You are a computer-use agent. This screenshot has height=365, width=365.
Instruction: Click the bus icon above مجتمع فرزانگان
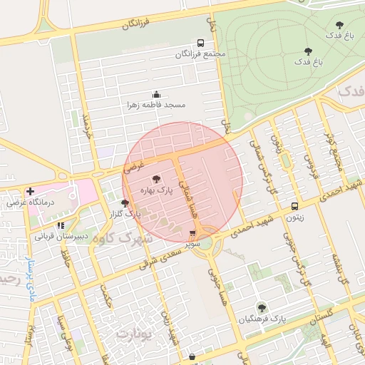pyautogui.click(x=200, y=43)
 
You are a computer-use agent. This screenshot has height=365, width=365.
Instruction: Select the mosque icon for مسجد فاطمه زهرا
pyautogui.click(x=156, y=94)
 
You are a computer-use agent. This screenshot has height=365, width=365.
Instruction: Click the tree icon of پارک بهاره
pyautogui.click(x=156, y=179)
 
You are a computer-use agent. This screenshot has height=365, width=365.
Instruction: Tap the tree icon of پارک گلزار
pyautogui.click(x=125, y=203)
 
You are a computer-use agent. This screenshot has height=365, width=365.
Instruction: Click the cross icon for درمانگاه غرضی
pyautogui.click(x=29, y=191)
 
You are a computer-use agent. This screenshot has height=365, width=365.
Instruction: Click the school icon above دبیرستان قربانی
pyautogui.click(x=61, y=225)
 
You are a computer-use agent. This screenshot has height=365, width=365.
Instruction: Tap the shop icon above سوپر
pyautogui.click(x=192, y=233)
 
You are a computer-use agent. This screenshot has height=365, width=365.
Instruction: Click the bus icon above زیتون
pyautogui.click(x=294, y=206)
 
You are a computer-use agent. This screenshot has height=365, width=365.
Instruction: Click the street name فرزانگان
pyautogui.click(x=138, y=24)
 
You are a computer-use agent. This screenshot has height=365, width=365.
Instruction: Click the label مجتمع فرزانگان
pyautogui.click(x=201, y=54)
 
